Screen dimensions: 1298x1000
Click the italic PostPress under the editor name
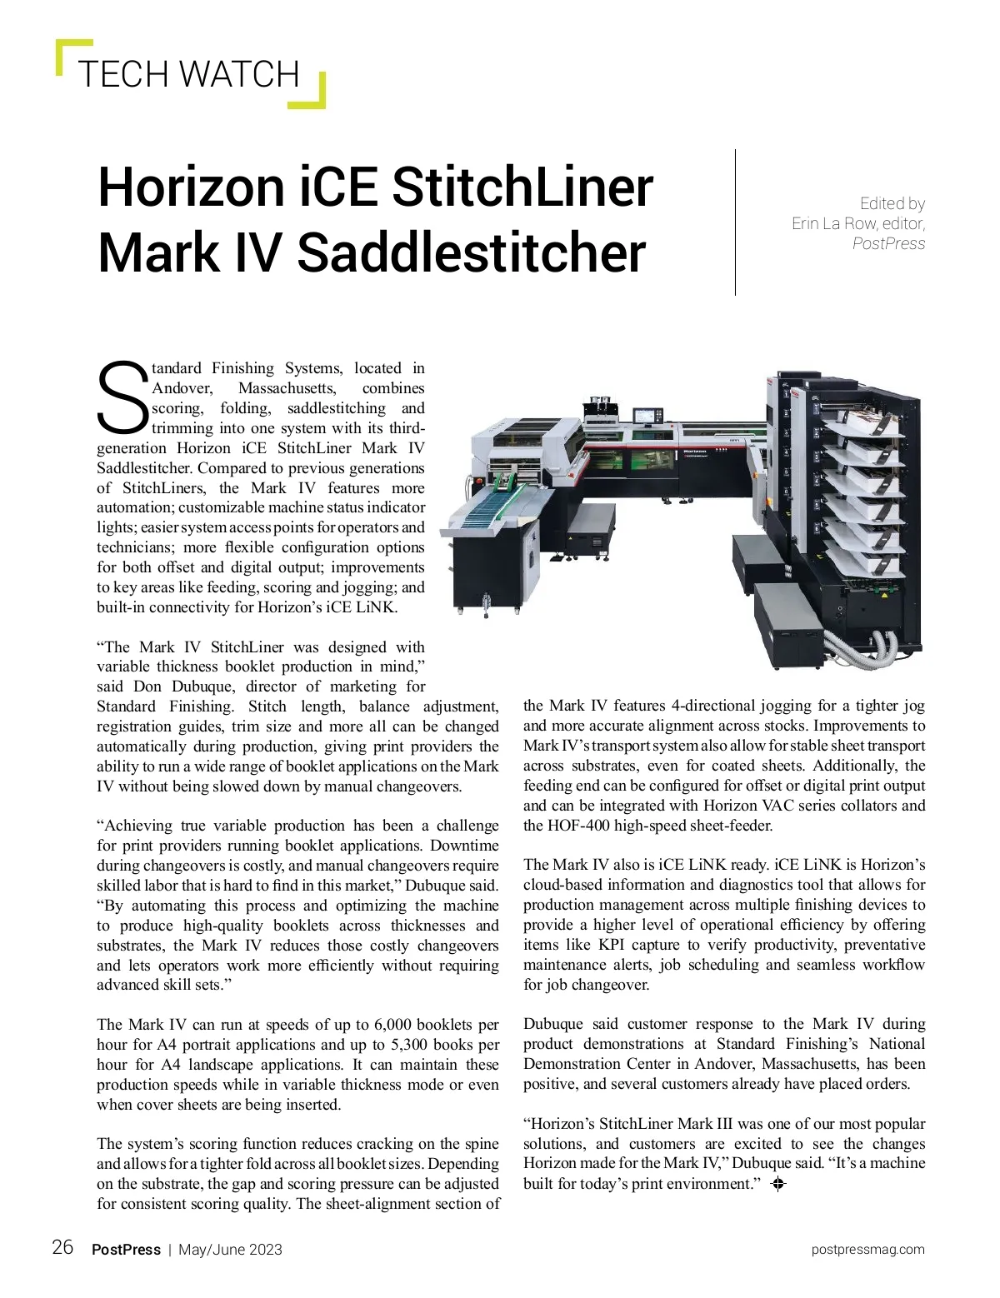pyautogui.click(x=888, y=243)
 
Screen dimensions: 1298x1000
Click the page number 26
pyautogui.click(x=62, y=1247)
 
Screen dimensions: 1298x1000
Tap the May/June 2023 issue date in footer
pyautogui.click(x=230, y=1250)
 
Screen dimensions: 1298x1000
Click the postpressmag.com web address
pyautogui.click(x=867, y=1250)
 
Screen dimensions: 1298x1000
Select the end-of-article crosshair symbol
pyautogui.click(x=778, y=1184)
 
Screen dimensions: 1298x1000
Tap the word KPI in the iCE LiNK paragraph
pyautogui.click(x=616, y=945)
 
